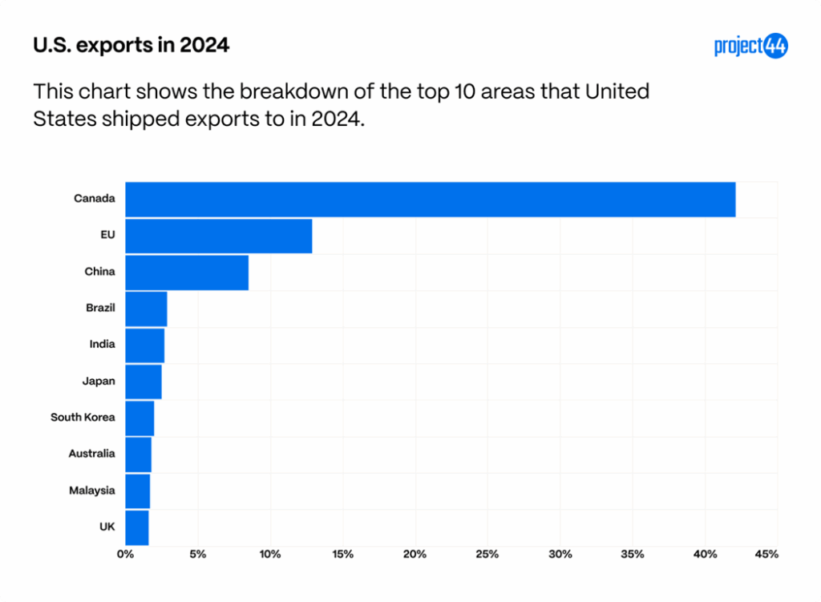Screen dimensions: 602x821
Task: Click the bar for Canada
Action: tap(430, 199)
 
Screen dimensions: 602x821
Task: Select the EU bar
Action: tap(218, 236)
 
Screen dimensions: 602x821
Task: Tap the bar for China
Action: tap(187, 273)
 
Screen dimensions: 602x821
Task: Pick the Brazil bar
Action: tap(146, 309)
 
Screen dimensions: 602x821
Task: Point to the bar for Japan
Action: tap(144, 382)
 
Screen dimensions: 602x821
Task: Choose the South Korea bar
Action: tap(140, 418)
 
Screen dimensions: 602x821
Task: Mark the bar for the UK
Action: tap(137, 527)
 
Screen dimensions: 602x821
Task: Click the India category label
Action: tap(102, 345)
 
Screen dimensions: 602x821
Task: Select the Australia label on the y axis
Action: tap(91, 454)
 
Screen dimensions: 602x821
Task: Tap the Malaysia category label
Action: tap(91, 491)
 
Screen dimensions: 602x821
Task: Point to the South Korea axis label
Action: tap(83, 418)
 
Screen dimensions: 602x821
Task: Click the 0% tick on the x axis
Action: tap(125, 554)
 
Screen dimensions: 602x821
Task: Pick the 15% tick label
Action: tap(342, 554)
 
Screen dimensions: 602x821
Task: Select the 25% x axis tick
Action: tap(487, 554)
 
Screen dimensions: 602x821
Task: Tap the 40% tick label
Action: tap(705, 554)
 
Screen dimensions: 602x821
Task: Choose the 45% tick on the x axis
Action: tap(767, 554)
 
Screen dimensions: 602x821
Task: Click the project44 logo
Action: tap(750, 46)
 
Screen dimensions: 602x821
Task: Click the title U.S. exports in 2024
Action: tap(131, 46)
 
